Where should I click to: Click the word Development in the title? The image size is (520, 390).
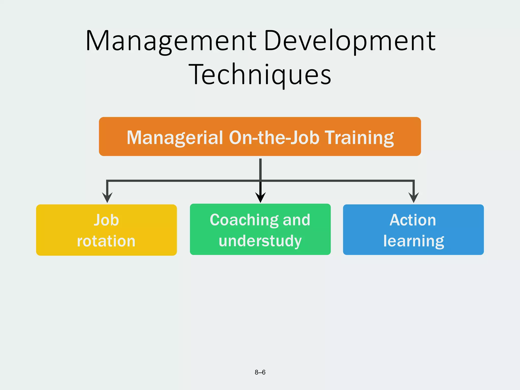click(x=350, y=41)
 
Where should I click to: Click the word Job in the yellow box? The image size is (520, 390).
click(x=106, y=220)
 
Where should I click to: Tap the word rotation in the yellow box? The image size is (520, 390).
click(x=106, y=241)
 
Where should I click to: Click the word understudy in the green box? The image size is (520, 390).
click(x=260, y=241)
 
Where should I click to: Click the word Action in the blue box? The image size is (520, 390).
click(x=413, y=220)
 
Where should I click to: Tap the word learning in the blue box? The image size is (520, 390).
click(x=414, y=241)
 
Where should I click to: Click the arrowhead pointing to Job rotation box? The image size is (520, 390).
click(x=107, y=198)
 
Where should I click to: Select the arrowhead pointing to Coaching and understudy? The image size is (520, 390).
click(x=261, y=198)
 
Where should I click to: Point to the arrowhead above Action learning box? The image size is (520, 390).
click(x=414, y=198)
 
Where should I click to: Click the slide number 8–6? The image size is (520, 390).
click(x=260, y=372)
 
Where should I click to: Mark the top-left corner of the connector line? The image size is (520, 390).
click(x=107, y=181)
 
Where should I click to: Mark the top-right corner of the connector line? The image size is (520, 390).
click(x=414, y=181)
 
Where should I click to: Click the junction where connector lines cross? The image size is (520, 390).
click(x=261, y=181)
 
